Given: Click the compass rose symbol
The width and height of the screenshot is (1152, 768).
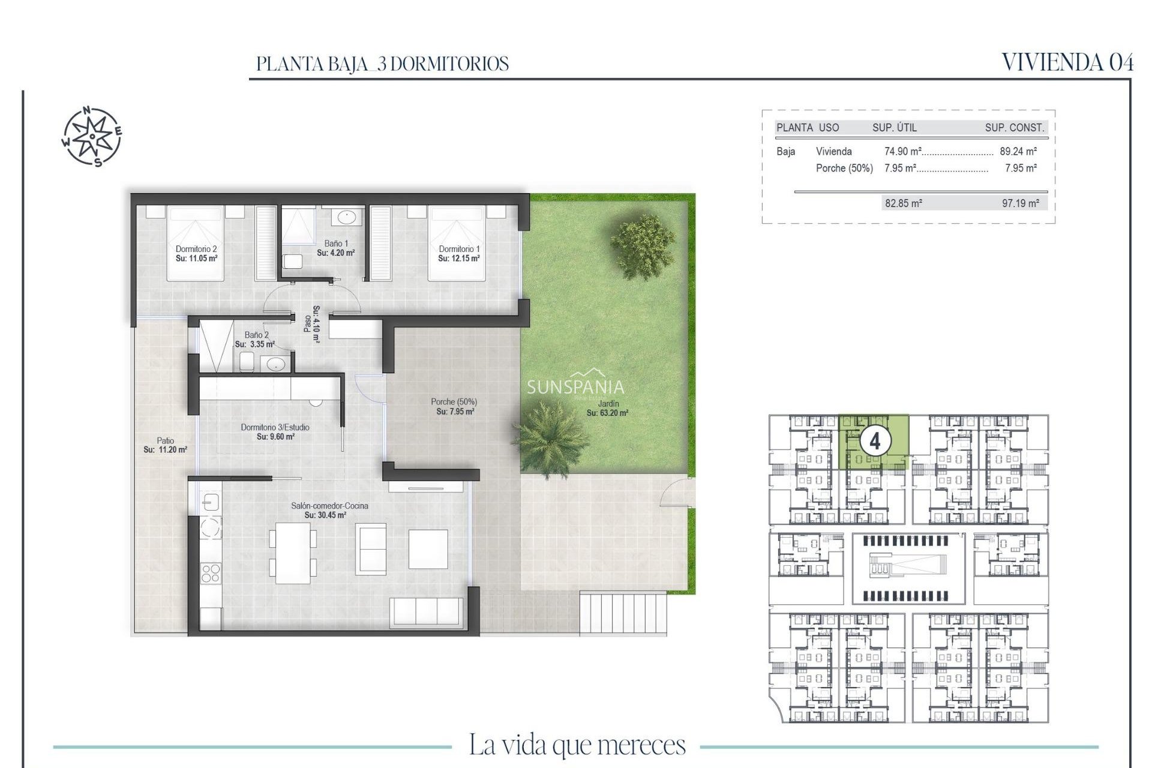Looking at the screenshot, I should tap(92, 136).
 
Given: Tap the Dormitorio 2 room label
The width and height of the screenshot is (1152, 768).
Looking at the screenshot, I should tap(196, 249).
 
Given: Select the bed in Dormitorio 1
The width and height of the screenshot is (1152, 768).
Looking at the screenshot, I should tap(456, 243).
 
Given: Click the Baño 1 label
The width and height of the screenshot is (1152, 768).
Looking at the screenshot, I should tap(336, 244).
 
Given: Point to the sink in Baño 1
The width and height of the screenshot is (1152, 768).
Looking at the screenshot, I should tap(346, 217).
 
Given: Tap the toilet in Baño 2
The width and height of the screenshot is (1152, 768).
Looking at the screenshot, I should tap(246, 362).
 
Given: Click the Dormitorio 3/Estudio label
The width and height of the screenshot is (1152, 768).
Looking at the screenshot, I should tap(275, 427).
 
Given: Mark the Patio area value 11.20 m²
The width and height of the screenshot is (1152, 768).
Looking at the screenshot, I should tap(166, 449).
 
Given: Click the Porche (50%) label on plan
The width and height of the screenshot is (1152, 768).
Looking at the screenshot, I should tap(454, 402).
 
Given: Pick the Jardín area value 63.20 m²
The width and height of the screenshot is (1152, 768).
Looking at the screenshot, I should tap(607, 413).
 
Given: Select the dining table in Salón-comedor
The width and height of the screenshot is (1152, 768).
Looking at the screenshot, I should tap(293, 553).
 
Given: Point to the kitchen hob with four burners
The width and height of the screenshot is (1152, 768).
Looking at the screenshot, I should tap(210, 572).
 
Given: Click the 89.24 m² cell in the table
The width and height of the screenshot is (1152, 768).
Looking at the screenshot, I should tap(1018, 152).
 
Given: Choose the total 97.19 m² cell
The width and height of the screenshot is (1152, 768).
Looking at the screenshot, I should tap(1020, 203).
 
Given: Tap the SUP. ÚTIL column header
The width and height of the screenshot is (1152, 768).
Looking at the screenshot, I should tap(894, 128).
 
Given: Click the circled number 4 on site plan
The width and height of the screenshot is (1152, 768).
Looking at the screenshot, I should tap(875, 442).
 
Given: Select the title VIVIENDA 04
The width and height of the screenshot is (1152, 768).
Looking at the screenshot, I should tap(1067, 62).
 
